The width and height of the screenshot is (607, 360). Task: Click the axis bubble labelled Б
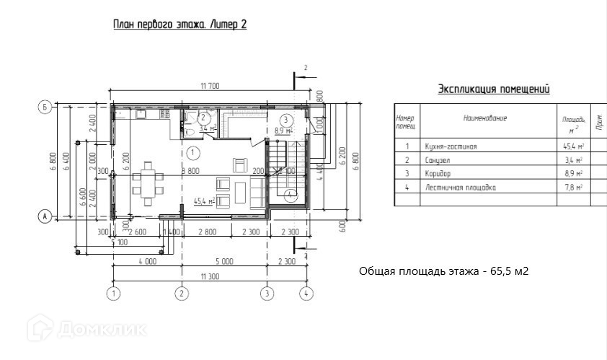tap(44, 108)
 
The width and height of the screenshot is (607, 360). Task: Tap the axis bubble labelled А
tap(44, 216)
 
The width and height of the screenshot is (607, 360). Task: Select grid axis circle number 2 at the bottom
tap(182, 293)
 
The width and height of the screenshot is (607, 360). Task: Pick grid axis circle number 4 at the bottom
tap(306, 293)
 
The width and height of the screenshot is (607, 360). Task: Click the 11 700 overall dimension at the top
tap(210, 86)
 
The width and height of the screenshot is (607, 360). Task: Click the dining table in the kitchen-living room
tap(148, 184)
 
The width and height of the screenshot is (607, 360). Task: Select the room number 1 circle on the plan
tap(192, 152)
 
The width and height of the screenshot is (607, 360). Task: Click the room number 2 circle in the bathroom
tap(204, 118)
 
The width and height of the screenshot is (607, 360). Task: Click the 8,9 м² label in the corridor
tap(283, 131)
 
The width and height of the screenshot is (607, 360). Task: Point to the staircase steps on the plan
tap(278, 166)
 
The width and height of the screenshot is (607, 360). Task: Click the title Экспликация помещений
tap(494, 89)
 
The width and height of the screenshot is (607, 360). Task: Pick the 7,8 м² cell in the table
tap(574, 188)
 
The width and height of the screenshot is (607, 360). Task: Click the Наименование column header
tap(485, 118)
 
